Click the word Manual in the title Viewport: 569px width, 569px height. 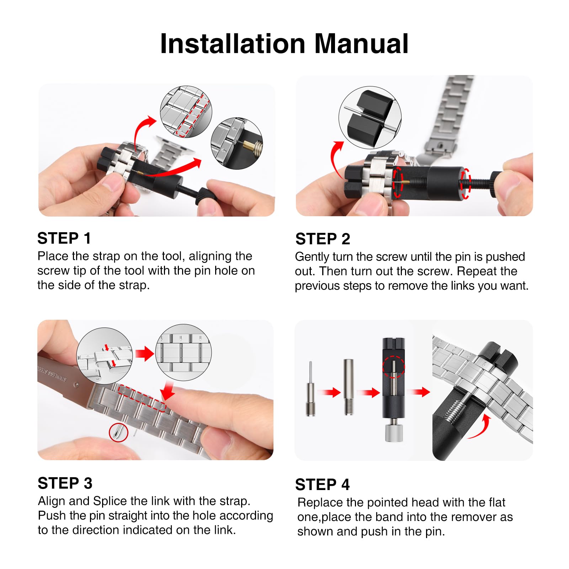pyautogui.click(x=361, y=44)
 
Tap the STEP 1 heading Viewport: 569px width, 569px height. pyautogui.click(x=64, y=238)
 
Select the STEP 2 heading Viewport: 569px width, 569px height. pyautogui.click(x=323, y=239)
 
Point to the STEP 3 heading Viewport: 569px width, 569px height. pyautogui.click(x=65, y=483)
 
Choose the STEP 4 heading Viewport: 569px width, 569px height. pyautogui.click(x=323, y=485)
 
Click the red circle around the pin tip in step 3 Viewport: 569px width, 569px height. pyautogui.click(x=118, y=432)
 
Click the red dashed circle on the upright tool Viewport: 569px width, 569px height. pyautogui.click(x=394, y=367)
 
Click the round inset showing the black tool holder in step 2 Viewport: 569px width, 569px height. pyautogui.click(x=370, y=118)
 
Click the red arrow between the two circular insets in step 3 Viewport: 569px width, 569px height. pyautogui.click(x=144, y=354)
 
